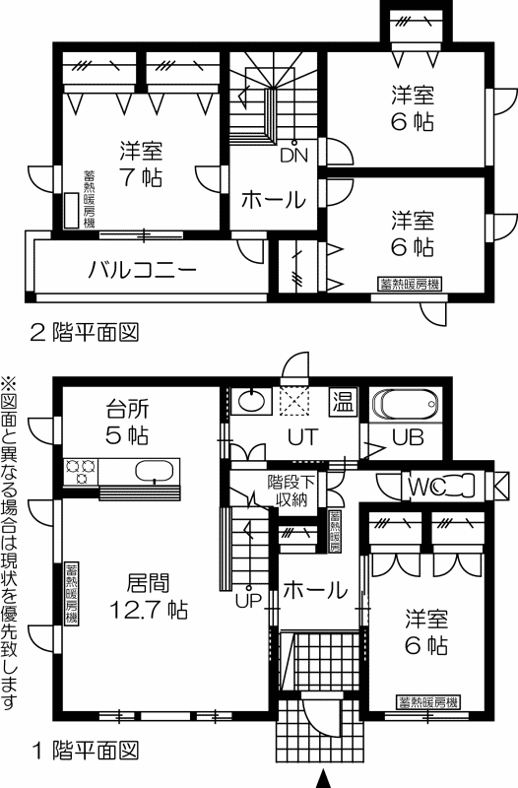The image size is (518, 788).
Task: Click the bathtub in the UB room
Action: (x=406, y=405)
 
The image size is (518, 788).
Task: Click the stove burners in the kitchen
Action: (x=81, y=472)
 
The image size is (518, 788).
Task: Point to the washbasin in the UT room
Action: (x=251, y=401)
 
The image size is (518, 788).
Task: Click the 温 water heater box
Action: (x=343, y=402)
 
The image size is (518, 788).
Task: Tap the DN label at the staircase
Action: (x=293, y=156)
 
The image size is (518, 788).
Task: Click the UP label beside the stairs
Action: (x=248, y=601)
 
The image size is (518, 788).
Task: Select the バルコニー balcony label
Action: (x=142, y=270)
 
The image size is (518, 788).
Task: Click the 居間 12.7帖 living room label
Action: (x=149, y=597)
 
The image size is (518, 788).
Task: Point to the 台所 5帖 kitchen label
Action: (x=127, y=423)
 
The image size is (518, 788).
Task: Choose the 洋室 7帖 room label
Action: (x=141, y=164)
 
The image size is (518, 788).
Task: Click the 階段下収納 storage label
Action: (x=291, y=491)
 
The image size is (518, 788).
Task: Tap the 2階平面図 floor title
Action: (x=85, y=333)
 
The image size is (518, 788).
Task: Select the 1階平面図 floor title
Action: (x=85, y=751)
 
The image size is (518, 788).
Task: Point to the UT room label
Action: (x=303, y=437)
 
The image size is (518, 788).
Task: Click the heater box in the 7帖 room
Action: (x=71, y=210)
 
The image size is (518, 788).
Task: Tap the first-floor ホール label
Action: (x=315, y=590)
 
